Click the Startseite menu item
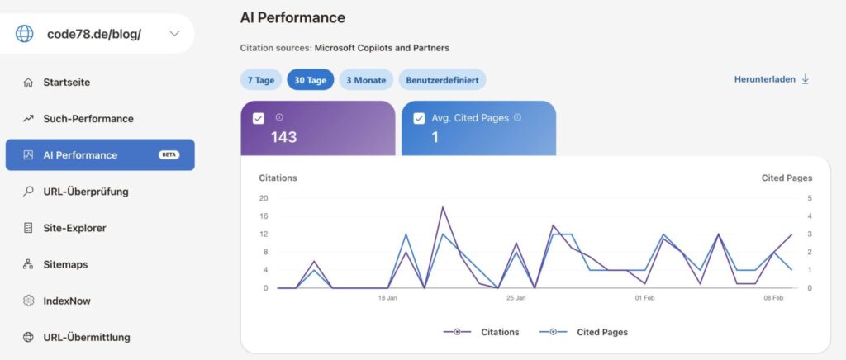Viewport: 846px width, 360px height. click(x=66, y=83)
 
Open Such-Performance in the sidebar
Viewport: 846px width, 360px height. click(x=88, y=119)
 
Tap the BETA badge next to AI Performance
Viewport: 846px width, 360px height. click(x=169, y=155)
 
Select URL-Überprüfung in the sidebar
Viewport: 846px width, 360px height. click(x=85, y=192)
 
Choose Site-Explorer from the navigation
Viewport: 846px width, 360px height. click(x=74, y=228)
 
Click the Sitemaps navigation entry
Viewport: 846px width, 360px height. click(x=65, y=264)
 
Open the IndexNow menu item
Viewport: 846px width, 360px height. click(x=67, y=301)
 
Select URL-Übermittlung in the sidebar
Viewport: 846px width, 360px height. click(x=86, y=337)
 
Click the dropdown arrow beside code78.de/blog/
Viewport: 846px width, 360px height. click(x=173, y=34)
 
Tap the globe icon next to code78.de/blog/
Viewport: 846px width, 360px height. click(x=25, y=34)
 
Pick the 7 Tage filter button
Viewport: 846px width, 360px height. click(x=259, y=80)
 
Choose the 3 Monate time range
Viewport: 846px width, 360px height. click(x=366, y=80)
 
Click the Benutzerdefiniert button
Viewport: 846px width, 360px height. click(x=442, y=80)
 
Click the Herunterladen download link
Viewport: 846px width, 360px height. click(x=772, y=79)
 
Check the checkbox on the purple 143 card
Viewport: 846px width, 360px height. click(x=259, y=118)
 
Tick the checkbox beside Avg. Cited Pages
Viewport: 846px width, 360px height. click(x=419, y=118)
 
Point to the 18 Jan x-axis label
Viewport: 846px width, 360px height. click(x=387, y=298)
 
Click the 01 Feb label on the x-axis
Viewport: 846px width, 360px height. click(x=645, y=298)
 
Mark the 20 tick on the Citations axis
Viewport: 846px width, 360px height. click(x=264, y=198)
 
